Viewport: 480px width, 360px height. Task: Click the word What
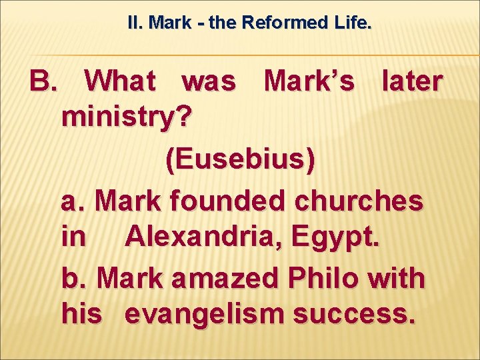coord(120,81)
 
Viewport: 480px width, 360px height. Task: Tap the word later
coord(411,81)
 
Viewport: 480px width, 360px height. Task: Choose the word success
coord(361,315)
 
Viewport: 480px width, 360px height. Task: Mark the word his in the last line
coord(81,315)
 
